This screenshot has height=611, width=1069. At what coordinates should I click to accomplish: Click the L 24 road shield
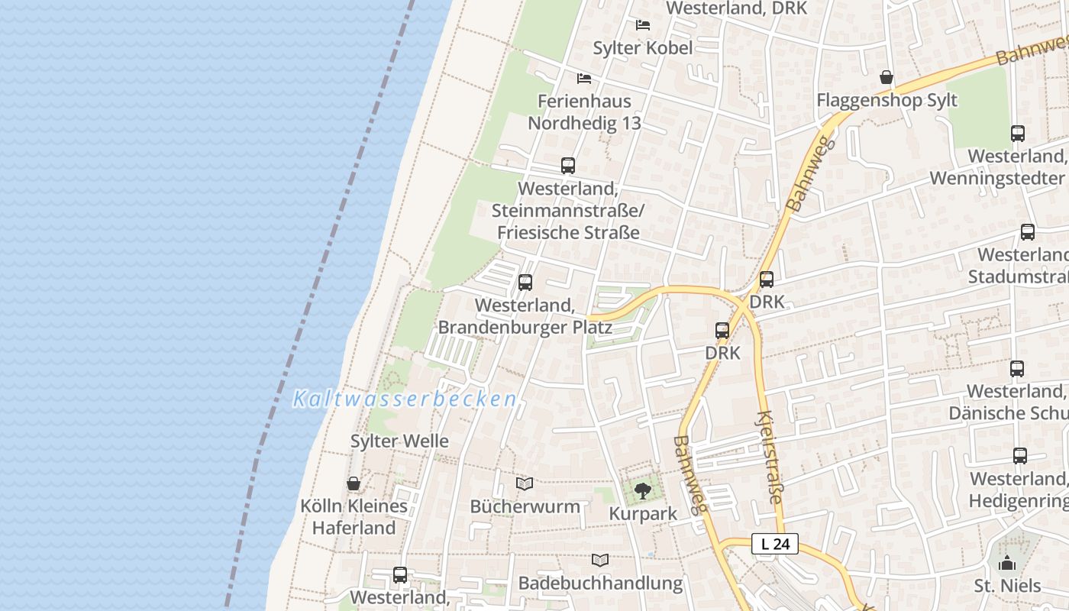coord(775,544)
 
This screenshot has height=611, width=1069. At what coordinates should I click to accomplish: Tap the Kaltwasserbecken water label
coord(405,399)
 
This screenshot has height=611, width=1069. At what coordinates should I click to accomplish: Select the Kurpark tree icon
coord(643,490)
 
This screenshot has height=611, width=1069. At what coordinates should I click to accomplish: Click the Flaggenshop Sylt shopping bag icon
coord(887,77)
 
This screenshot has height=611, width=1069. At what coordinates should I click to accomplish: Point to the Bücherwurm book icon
coord(525,483)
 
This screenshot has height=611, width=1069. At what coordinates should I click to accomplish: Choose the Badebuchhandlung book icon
coord(601,560)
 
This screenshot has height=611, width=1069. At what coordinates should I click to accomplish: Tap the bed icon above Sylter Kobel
coord(643,25)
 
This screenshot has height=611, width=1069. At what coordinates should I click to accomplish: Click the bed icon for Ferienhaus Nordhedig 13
coord(584,78)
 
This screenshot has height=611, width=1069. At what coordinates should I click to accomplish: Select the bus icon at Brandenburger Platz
coord(525,283)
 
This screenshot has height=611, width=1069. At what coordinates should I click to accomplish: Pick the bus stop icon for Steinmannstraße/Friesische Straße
coord(568,166)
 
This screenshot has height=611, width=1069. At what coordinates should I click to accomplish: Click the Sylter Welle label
coord(399,441)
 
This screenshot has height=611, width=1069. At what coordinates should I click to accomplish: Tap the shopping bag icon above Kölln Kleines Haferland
coord(354,483)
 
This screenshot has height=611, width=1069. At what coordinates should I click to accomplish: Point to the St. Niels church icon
coord(1007,564)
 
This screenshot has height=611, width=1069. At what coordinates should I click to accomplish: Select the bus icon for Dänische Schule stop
coord(1017,369)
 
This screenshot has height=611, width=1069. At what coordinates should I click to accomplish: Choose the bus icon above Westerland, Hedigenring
coord(1020,456)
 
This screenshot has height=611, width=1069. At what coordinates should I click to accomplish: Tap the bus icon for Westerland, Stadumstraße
coord(1028,232)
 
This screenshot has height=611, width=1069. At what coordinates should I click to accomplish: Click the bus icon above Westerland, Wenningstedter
coord(1018,134)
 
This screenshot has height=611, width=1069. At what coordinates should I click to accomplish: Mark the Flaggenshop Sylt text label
coord(887,100)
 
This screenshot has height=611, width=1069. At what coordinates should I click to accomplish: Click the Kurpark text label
coord(643,514)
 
